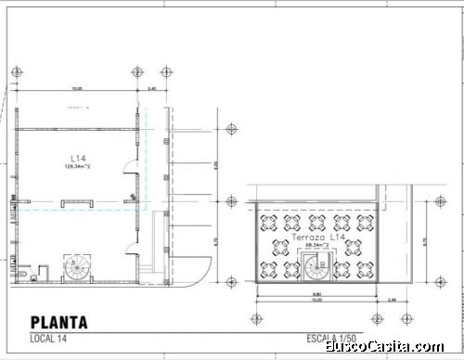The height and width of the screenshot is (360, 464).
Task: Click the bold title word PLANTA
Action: click(58, 323)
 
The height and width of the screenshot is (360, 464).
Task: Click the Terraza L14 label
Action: click(318, 238)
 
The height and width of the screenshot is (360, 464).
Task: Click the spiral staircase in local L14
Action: click(75, 269)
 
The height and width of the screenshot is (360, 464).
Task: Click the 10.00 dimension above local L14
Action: click(77, 89)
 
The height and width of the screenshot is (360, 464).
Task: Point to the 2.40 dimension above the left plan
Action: click(152, 89)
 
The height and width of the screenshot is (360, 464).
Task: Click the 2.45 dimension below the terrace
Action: click(391, 300)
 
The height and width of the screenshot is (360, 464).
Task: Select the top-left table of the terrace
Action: click(269, 223)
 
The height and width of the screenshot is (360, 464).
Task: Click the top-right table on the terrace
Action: click(365, 223)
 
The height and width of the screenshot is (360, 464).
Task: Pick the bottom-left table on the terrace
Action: click(269, 270)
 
